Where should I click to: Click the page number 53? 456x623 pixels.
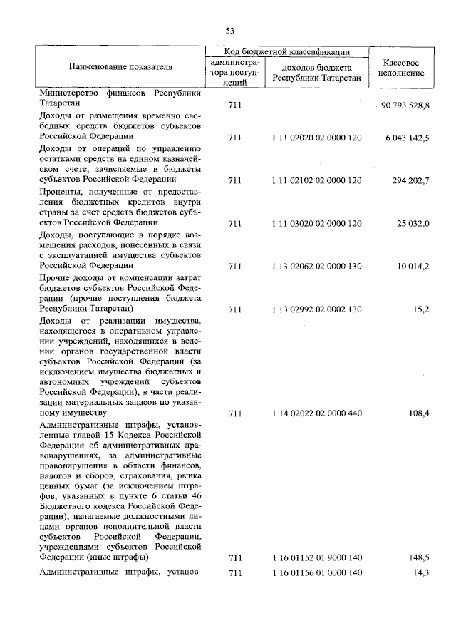[x=229, y=31]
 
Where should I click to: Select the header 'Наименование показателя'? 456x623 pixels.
[x=120, y=67]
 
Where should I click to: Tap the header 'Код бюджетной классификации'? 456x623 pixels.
[x=287, y=52]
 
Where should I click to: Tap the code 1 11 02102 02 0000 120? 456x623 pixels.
[x=316, y=180]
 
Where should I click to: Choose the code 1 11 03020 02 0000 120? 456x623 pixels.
[x=316, y=223]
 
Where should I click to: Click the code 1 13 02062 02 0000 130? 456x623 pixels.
[x=316, y=267]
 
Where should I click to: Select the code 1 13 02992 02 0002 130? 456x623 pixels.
[x=316, y=309]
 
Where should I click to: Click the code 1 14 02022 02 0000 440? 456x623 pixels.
[x=316, y=413]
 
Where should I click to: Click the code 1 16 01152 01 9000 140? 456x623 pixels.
[x=316, y=557]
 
